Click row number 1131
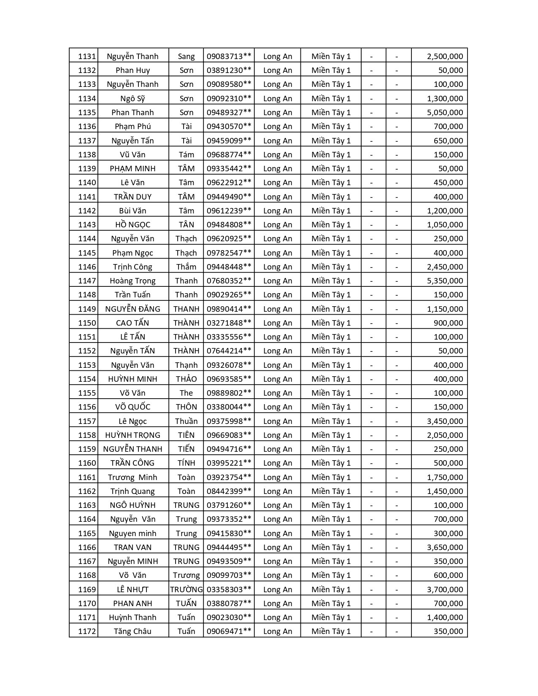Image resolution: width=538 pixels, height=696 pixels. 87,57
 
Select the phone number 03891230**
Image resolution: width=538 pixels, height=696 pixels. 229,70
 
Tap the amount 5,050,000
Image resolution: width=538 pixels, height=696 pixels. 445,113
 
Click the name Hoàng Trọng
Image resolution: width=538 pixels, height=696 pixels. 132,281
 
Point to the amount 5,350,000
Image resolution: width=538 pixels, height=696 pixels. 445,281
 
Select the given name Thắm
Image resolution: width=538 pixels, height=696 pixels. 186,267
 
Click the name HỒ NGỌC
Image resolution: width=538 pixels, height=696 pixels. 132,225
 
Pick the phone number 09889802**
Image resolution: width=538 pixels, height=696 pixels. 229,393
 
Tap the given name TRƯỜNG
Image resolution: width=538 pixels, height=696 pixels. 186,590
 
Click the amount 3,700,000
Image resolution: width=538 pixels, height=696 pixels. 445,590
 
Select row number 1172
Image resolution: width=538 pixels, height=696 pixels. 87,631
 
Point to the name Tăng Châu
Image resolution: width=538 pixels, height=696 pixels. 132,631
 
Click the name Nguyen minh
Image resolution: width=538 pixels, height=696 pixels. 132,534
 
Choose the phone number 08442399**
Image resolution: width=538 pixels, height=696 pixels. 229,491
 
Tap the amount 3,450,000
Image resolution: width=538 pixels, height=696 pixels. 445,421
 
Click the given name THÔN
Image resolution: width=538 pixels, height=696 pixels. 186,407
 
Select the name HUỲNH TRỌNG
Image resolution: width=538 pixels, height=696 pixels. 132,435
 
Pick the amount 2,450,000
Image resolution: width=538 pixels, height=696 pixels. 445,267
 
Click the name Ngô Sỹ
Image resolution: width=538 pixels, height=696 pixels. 132,99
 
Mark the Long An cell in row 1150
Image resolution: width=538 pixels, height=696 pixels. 277,323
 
